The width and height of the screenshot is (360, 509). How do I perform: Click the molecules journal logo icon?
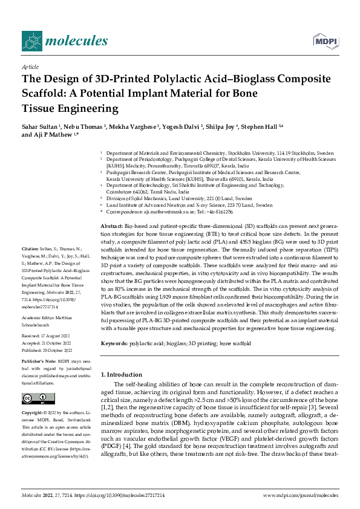tap(31, 41)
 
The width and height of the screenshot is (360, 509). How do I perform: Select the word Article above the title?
tap(30, 66)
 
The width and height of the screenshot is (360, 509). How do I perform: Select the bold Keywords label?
tap(115, 343)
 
